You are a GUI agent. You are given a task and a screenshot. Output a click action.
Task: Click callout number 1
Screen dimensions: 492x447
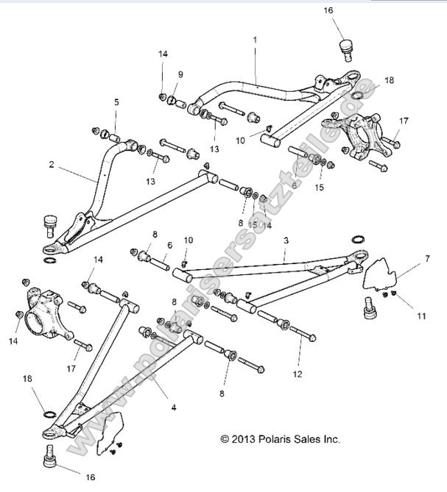click(x=255, y=40)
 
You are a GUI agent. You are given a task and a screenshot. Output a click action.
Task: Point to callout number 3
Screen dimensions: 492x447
click(x=286, y=240)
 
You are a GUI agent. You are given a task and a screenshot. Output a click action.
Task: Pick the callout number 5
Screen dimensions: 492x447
click(x=116, y=103)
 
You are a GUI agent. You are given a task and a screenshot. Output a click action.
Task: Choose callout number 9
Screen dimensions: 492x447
click(x=180, y=74)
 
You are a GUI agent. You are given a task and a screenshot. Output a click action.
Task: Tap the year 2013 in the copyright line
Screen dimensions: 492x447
click(x=245, y=438)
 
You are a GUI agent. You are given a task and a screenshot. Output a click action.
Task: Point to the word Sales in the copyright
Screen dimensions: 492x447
click(x=310, y=438)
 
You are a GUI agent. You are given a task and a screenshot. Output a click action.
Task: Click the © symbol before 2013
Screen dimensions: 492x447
click(x=225, y=439)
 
